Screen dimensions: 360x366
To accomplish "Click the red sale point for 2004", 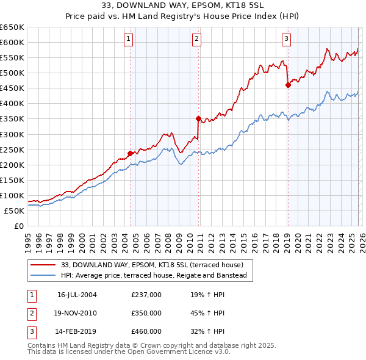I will click(x=130, y=153).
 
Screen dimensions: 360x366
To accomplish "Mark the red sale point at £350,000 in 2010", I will click(x=198, y=118).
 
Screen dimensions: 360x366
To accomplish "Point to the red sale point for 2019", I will click(x=288, y=85).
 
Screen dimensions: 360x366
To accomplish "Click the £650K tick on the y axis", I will click(x=13, y=27).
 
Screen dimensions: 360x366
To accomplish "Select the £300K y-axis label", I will click(x=13, y=134).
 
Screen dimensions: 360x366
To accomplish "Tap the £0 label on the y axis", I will click(x=18, y=226).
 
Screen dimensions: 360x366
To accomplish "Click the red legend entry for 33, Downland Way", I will click(x=152, y=265).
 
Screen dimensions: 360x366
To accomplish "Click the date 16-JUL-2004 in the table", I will click(x=77, y=294).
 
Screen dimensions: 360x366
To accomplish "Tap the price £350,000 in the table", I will click(x=146, y=313).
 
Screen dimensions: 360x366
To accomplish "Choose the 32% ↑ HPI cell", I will click(x=207, y=332).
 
